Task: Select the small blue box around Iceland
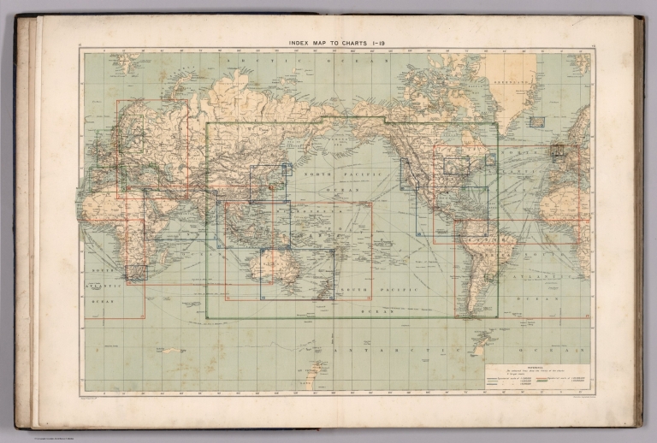pos(536,121)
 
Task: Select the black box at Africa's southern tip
pos(136,273)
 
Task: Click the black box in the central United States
pos(456,166)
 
